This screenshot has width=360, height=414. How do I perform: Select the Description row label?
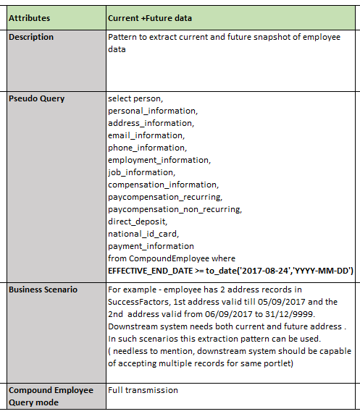point(31,37)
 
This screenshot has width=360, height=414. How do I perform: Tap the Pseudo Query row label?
point(37,98)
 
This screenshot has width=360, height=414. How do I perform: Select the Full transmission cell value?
point(143,390)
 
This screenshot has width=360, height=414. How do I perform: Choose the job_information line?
point(141,172)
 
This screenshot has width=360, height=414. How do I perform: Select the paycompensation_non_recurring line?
point(175,209)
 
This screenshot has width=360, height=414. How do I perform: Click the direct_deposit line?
point(138,221)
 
